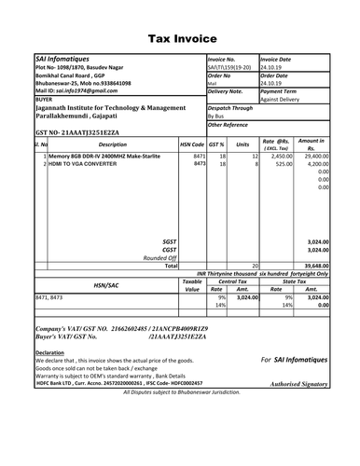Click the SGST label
[x=169, y=240]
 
